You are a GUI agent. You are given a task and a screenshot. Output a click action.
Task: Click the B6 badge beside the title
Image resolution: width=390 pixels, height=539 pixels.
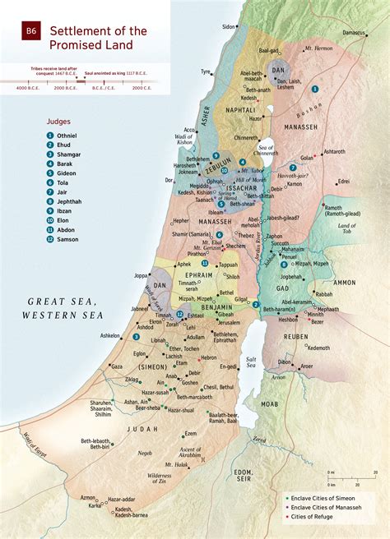[31, 30]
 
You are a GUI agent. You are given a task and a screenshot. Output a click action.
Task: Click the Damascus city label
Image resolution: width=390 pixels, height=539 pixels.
[355, 33]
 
